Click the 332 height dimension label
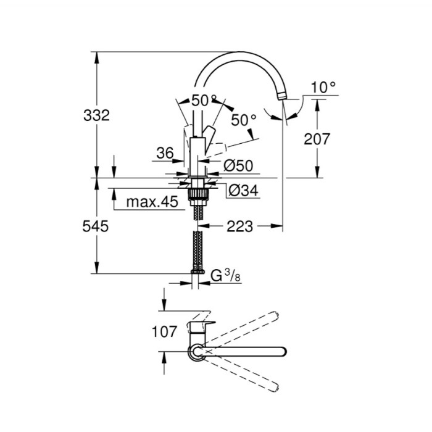pos(96,115)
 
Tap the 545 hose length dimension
pos(95,226)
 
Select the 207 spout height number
pos(317,139)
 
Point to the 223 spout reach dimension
pos(239,226)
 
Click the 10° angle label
pos(323,88)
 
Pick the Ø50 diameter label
pos(238,166)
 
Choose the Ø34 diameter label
pos(243,190)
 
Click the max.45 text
pos(152,202)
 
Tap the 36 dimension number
pos(165,153)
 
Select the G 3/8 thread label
pos(225,275)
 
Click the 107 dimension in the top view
pos(164,331)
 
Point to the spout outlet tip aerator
pos(281,96)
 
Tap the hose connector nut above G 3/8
pos(198,271)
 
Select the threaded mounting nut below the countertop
pos(197,193)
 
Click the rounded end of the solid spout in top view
pos(284,352)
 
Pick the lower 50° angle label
pos(244,120)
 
